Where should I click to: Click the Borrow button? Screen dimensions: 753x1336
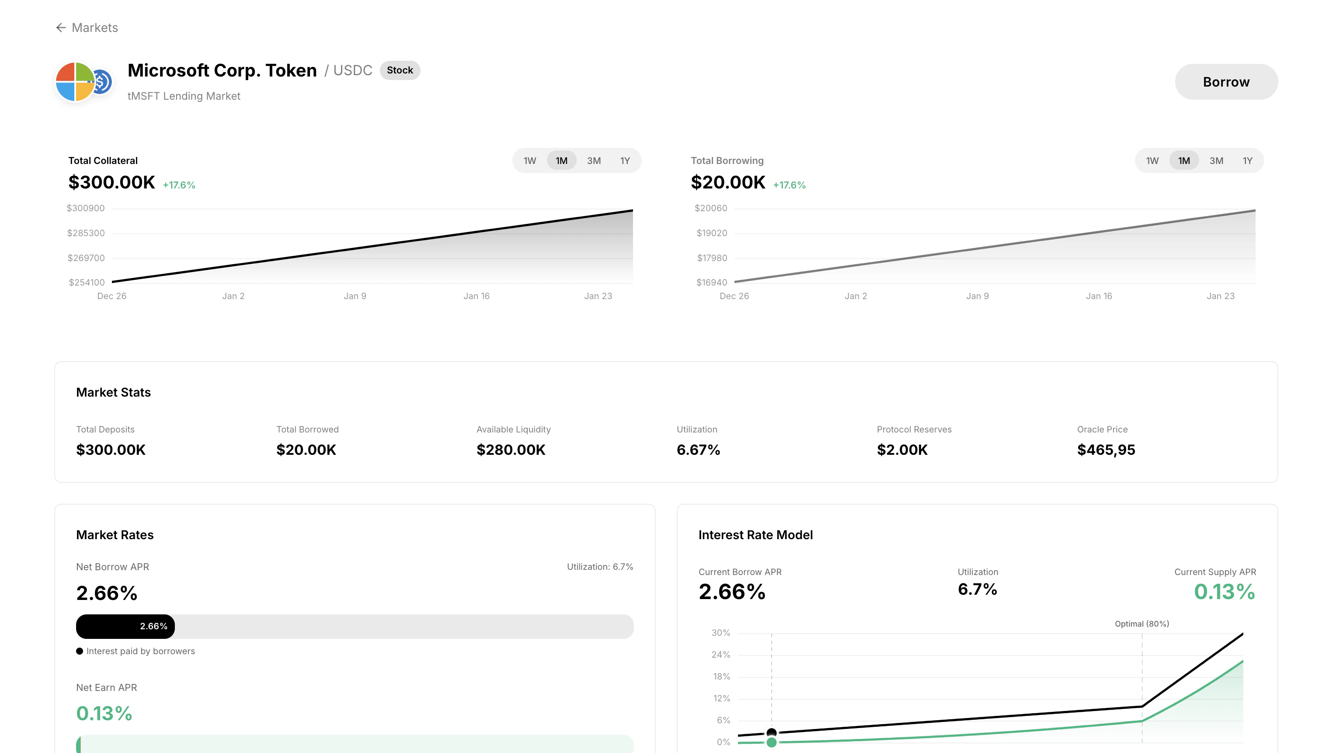[1225, 82]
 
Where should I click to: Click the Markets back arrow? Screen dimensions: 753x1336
[61, 28]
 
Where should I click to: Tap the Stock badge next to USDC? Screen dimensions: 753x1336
[399, 70]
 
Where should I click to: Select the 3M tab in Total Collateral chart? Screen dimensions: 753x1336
[593, 161]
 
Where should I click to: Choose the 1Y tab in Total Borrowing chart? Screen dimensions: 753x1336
[1247, 161]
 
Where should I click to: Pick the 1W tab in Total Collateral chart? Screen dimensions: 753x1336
[529, 161]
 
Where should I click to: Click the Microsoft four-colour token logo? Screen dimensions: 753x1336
[75, 81]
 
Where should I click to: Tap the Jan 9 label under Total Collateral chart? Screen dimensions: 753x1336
[355, 296]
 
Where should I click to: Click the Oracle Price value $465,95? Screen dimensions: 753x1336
[1106, 450]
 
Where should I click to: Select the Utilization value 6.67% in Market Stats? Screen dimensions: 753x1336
[698, 450]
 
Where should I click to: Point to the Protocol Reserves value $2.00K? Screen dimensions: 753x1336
[902, 450]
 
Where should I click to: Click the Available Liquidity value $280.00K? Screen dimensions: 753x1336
[511, 450]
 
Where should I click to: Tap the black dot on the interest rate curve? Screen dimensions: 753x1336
[771, 732]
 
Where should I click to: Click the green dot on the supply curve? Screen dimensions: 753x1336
[771, 743]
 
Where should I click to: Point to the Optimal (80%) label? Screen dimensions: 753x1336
[1141, 624]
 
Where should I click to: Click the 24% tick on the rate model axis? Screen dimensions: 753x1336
[720, 655]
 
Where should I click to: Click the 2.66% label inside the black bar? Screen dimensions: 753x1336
[153, 627]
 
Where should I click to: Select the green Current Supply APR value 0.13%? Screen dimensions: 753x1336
[1224, 592]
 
